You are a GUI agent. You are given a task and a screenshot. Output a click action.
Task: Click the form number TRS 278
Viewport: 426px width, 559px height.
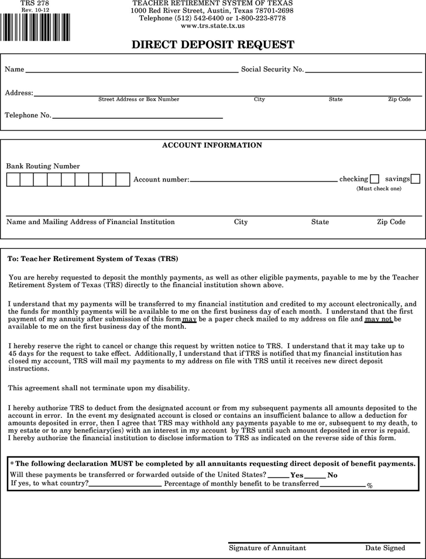coord(35,4)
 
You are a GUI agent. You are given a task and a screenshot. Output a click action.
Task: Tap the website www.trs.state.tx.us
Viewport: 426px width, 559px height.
coord(212,26)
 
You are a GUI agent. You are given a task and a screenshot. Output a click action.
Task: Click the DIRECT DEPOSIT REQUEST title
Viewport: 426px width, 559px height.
coord(212,45)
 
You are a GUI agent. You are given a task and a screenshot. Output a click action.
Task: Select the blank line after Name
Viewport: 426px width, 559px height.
coord(132,70)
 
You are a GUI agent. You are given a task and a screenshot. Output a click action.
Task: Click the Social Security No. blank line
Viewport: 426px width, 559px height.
coord(363,70)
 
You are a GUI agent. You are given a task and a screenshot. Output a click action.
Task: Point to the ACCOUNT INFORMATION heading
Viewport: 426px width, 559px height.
coord(212,145)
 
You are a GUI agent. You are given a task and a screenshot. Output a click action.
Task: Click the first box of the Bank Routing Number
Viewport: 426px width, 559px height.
coord(13,179)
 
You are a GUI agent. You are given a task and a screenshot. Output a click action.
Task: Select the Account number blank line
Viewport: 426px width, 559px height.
coord(263,179)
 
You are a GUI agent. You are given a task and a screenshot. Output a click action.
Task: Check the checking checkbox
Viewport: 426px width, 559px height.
coord(375,179)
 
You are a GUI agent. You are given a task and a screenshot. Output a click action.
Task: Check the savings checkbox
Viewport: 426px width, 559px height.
coord(415,179)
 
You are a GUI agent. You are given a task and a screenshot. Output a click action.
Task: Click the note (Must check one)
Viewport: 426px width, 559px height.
coord(379,189)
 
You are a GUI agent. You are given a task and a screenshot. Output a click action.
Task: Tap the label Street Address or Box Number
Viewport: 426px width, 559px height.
coord(139,100)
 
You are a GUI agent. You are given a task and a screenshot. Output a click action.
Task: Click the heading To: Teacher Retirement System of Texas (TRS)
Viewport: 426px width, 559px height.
coord(92,259)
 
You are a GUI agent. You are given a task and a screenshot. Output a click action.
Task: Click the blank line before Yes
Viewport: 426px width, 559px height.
coord(278,475)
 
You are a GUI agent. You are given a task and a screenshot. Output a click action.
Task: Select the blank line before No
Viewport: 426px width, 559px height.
coord(315,475)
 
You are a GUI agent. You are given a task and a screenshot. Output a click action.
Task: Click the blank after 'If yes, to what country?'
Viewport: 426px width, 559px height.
coord(125,483)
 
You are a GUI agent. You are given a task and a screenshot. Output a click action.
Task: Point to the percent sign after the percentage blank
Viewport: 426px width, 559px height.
coord(369,486)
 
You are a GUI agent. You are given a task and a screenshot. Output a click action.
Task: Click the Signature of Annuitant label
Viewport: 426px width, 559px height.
coord(267,548)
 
